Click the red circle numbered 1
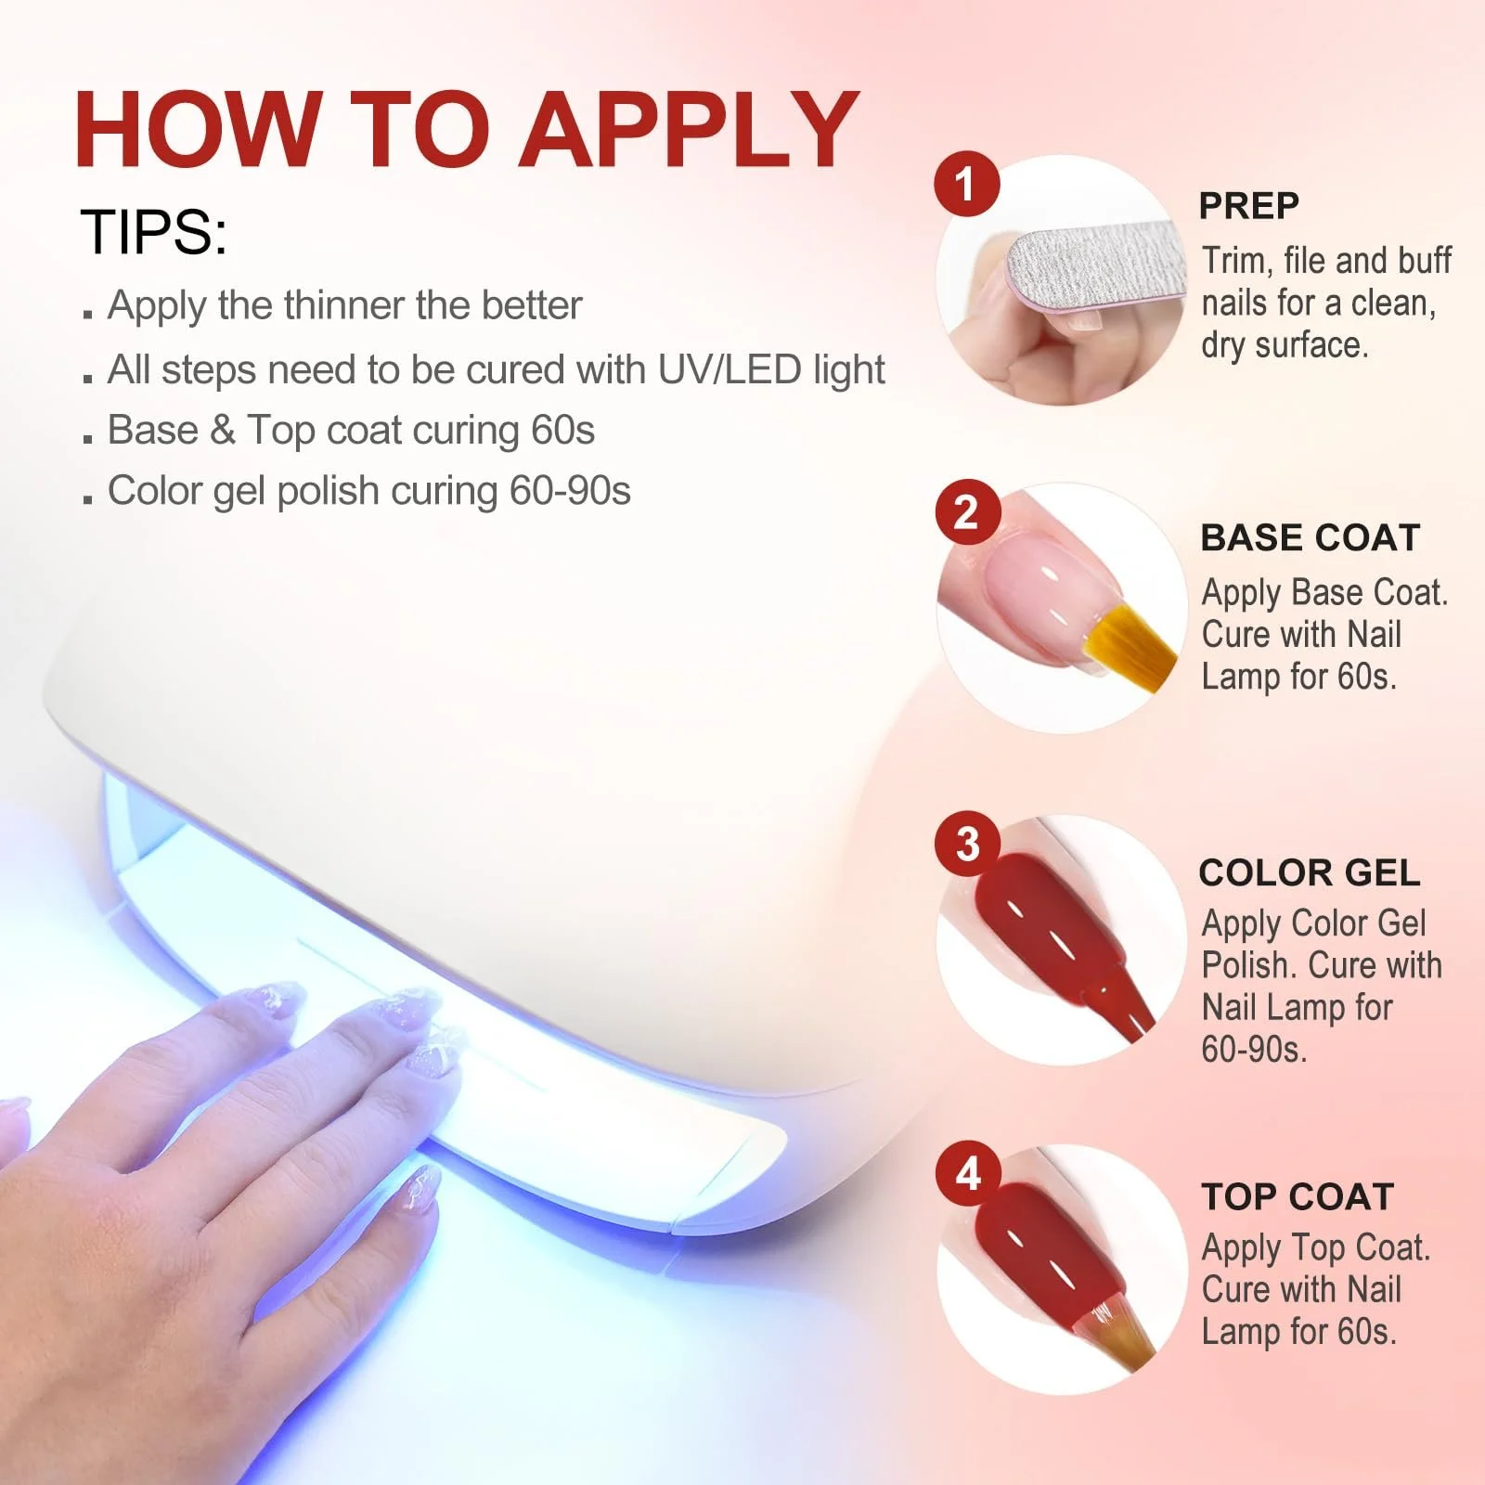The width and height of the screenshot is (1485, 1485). tap(966, 184)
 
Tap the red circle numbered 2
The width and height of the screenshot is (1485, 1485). tap(966, 512)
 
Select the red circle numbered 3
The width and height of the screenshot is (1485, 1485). tap(967, 844)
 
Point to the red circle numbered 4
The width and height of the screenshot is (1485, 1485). tap(967, 1173)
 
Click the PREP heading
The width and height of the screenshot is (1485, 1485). tap(1248, 205)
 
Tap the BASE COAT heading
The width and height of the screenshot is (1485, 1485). tap(1310, 537)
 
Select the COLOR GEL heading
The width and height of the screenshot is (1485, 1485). tap(1309, 872)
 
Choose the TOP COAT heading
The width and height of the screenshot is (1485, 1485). tap(1298, 1196)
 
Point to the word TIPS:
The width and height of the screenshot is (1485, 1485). tap(154, 231)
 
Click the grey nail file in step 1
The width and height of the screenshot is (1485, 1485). tap(1096, 265)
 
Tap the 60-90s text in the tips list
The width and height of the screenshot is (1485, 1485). tap(570, 490)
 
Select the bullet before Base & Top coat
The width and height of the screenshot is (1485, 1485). tap(88, 437)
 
